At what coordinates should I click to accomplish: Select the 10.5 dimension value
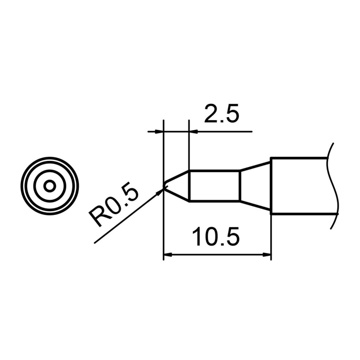pyautogui.click(x=216, y=237)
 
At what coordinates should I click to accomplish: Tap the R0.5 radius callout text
pyautogui.click(x=114, y=207)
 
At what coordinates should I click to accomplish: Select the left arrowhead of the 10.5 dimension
pyautogui.click(x=168, y=255)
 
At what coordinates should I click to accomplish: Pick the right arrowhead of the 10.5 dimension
pyautogui.click(x=267, y=255)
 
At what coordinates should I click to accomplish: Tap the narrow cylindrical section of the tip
pyautogui.click(x=214, y=186)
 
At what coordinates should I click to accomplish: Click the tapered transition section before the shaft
pyautogui.click(x=255, y=186)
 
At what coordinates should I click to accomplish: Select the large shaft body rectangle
pyautogui.click(x=299, y=186)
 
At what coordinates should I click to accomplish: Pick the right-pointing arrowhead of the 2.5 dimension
pyautogui.click(x=160, y=132)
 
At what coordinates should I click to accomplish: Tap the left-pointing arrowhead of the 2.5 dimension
pyautogui.click(x=193, y=132)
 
